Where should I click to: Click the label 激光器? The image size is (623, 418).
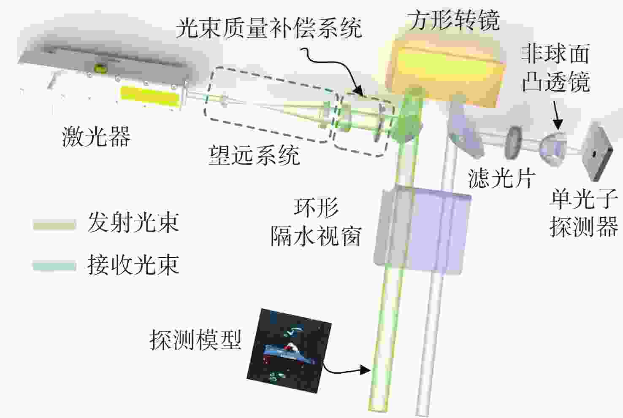pyautogui.click(x=96, y=137)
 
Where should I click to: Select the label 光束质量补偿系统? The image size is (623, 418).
pyautogui.click(x=269, y=28)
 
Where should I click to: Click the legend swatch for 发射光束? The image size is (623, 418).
pyautogui.click(x=54, y=224)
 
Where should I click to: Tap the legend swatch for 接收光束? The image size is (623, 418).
pyautogui.click(x=54, y=265)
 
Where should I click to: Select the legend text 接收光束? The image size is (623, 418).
pyautogui.click(x=133, y=265)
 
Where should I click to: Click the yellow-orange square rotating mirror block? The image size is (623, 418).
pyautogui.click(x=445, y=72)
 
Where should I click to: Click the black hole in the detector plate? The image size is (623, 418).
pyautogui.click(x=594, y=154)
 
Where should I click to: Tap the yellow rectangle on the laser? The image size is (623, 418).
pyautogui.click(x=150, y=96)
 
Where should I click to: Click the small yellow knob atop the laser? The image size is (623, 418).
pyautogui.click(x=99, y=67)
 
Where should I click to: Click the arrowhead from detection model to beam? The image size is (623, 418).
pyautogui.click(x=365, y=370)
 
